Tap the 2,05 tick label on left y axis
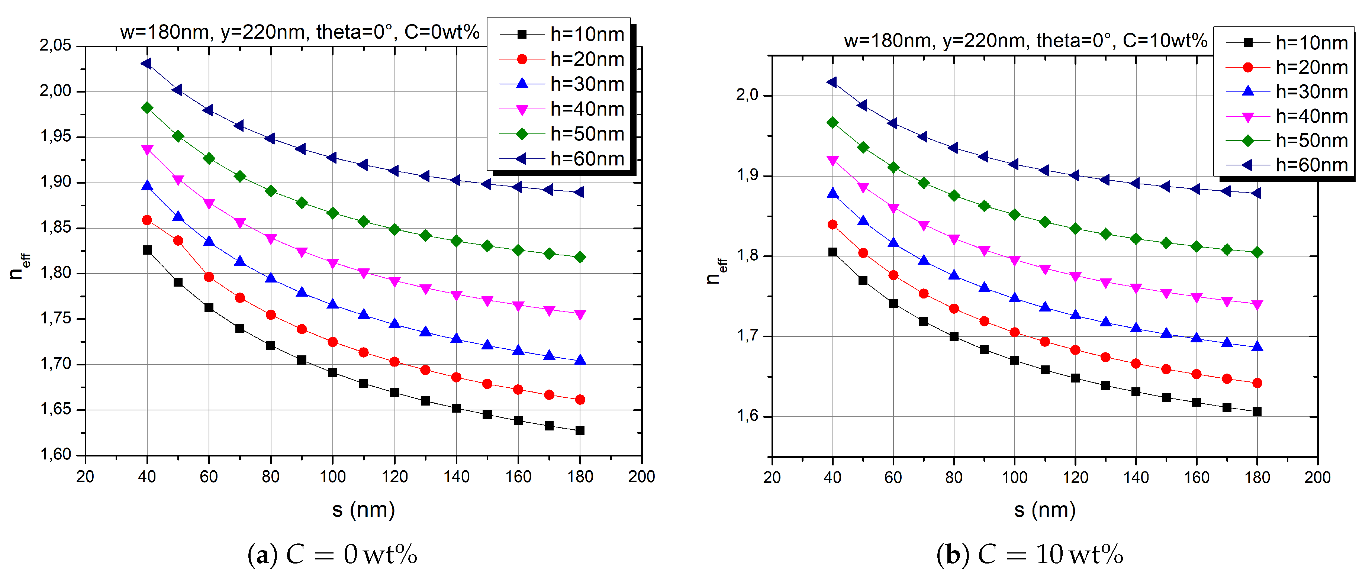pos(55,45)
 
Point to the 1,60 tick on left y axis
pos(55,454)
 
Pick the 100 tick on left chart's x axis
pos(332,477)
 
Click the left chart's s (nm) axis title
pos(363,510)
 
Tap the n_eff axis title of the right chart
pos(716,271)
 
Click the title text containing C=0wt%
pos(300,32)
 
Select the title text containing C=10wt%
pos(1025,41)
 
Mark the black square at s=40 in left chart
pos(147,250)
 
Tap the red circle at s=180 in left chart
pos(580,399)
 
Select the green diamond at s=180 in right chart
pos(1257,252)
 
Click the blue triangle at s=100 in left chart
pos(332,304)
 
